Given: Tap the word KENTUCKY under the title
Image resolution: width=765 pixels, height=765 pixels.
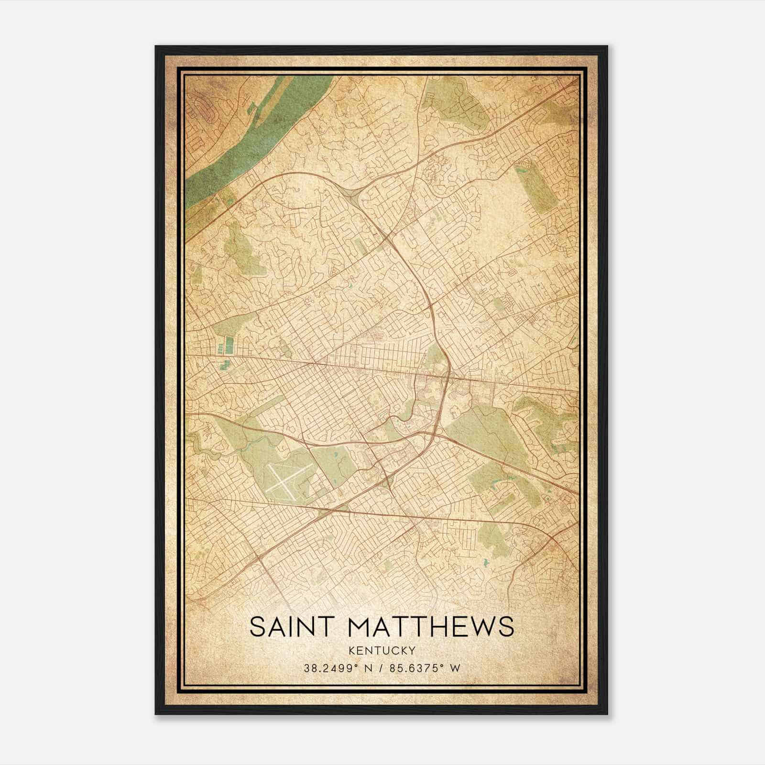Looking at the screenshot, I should point(382,650).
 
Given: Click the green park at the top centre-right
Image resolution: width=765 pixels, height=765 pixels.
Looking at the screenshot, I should point(449,100).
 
